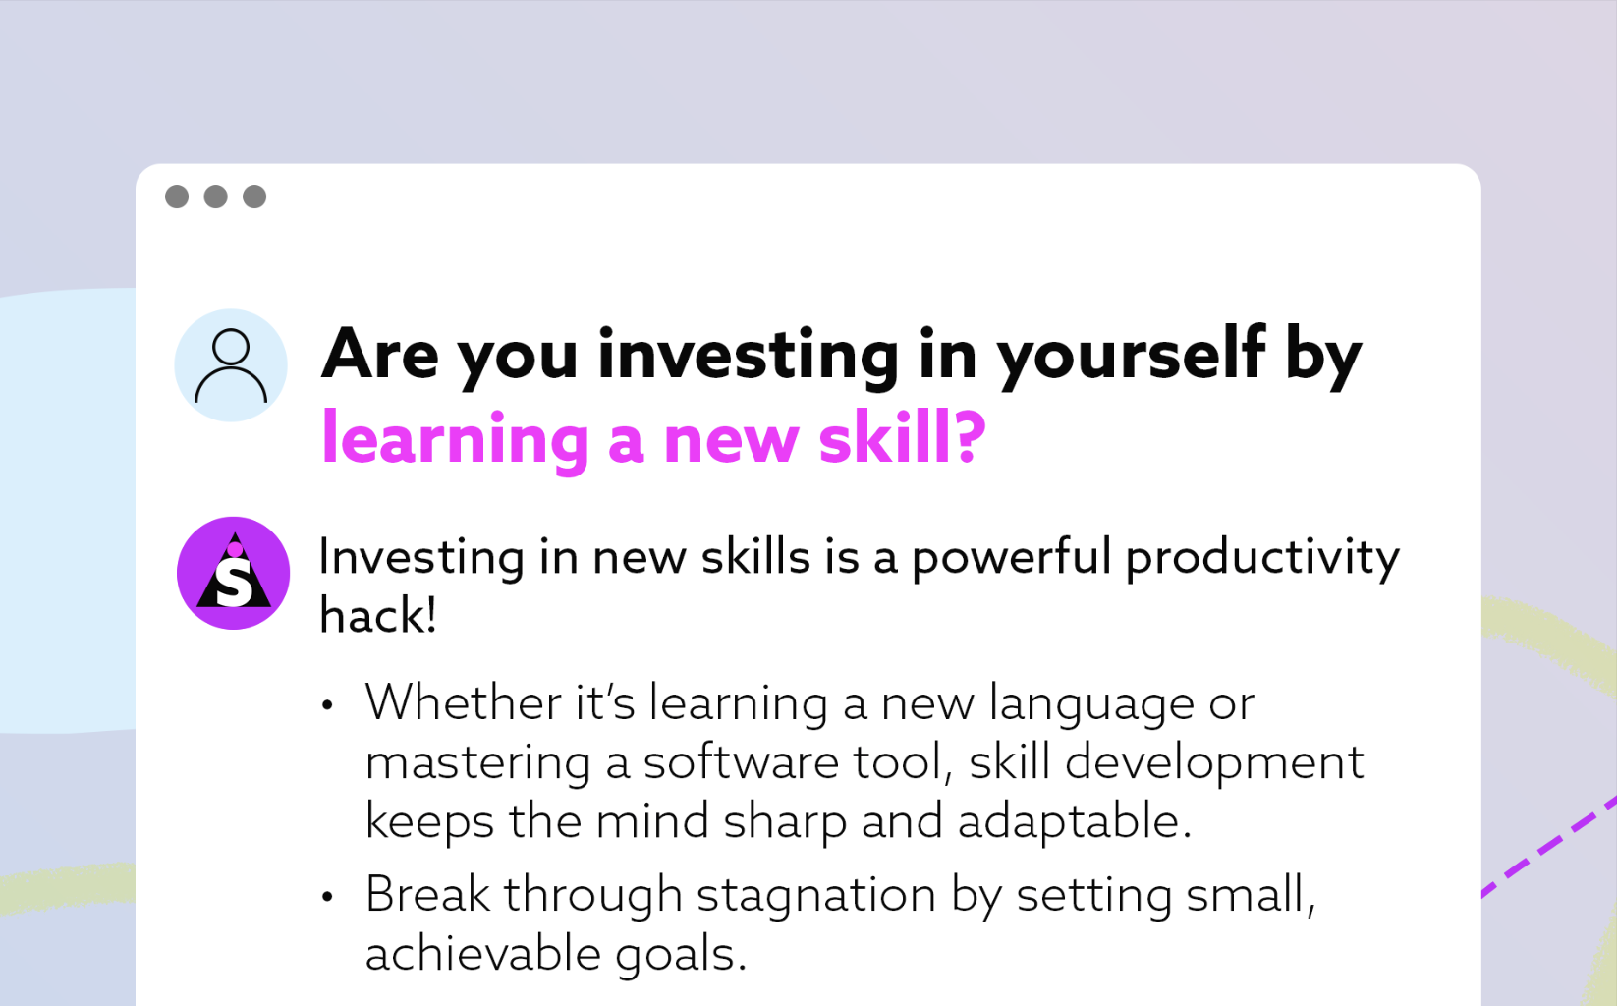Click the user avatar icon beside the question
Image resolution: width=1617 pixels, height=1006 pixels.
coord(231,365)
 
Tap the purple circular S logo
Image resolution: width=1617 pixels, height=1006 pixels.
coord(233,573)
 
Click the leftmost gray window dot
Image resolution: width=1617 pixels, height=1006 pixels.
coord(177,196)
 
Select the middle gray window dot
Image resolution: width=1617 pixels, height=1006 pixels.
coord(216,196)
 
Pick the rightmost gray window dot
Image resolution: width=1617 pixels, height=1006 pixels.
coord(254,196)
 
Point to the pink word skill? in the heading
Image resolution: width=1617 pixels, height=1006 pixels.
coord(903,437)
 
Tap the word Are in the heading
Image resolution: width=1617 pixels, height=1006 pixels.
coord(380,354)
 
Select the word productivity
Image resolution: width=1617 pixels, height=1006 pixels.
coord(1262,559)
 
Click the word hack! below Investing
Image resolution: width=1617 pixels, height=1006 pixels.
coord(377,616)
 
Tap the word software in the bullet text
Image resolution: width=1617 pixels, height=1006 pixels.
coord(741,762)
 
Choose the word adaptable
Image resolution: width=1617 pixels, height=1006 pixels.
coord(1074,822)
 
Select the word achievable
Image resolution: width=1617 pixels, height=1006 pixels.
coord(483,954)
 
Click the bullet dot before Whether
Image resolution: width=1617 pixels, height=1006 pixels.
coord(327,705)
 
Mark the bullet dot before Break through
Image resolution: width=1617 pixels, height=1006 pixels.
coord(327,897)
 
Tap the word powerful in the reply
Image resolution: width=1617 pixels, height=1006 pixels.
coord(1011,559)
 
